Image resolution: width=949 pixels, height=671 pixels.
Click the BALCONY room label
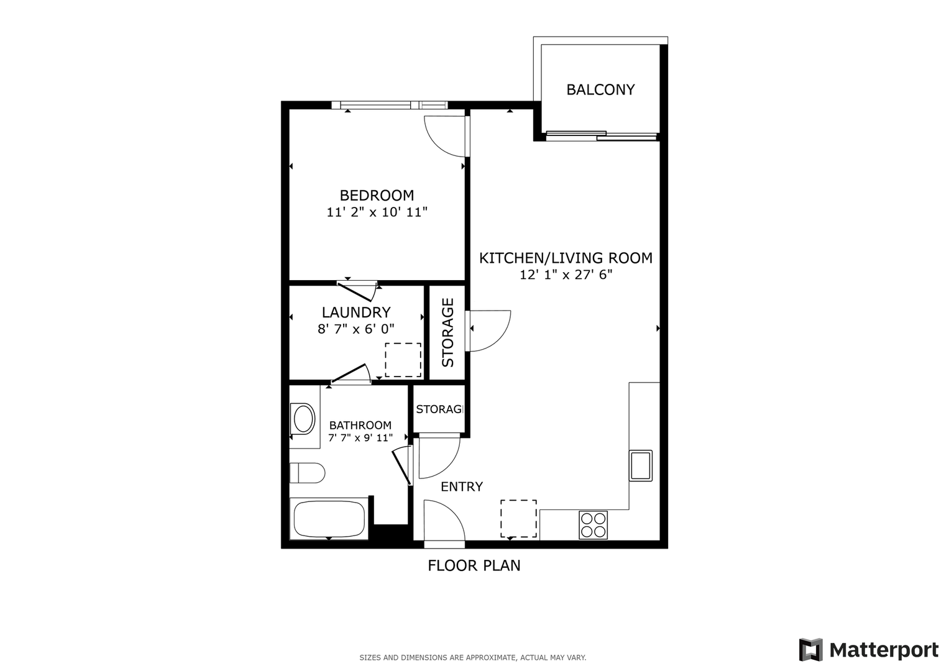tap(600, 89)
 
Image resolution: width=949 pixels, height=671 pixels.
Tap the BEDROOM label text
tap(377, 195)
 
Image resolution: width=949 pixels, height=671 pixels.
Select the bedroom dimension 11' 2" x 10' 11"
tap(377, 212)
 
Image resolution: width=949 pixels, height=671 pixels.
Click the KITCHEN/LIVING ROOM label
tap(566, 258)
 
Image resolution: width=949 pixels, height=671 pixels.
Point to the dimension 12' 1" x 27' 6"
tap(566, 275)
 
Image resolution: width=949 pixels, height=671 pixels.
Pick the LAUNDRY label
tap(356, 312)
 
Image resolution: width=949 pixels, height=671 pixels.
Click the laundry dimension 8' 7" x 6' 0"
tap(356, 329)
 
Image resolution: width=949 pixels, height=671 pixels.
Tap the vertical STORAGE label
tap(447, 332)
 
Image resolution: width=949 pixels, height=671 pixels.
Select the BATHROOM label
tap(360, 425)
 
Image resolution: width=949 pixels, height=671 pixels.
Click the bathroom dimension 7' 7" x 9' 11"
tap(360, 437)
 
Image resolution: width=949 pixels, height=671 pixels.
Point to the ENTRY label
tap(462, 486)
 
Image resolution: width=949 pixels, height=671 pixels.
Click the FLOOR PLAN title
tap(474, 565)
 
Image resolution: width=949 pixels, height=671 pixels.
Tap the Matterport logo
tap(868, 650)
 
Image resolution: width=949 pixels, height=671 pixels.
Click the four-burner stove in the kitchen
tap(593, 525)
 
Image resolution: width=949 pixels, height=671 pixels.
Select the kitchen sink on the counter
tap(641, 465)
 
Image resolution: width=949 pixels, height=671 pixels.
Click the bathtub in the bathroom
tap(329, 519)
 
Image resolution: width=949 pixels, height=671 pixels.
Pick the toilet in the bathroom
tap(307, 473)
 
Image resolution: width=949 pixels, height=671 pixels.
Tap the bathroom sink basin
tap(303, 419)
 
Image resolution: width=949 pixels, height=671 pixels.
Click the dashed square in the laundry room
tap(403, 360)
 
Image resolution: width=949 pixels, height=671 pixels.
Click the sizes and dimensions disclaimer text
tap(473, 658)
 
